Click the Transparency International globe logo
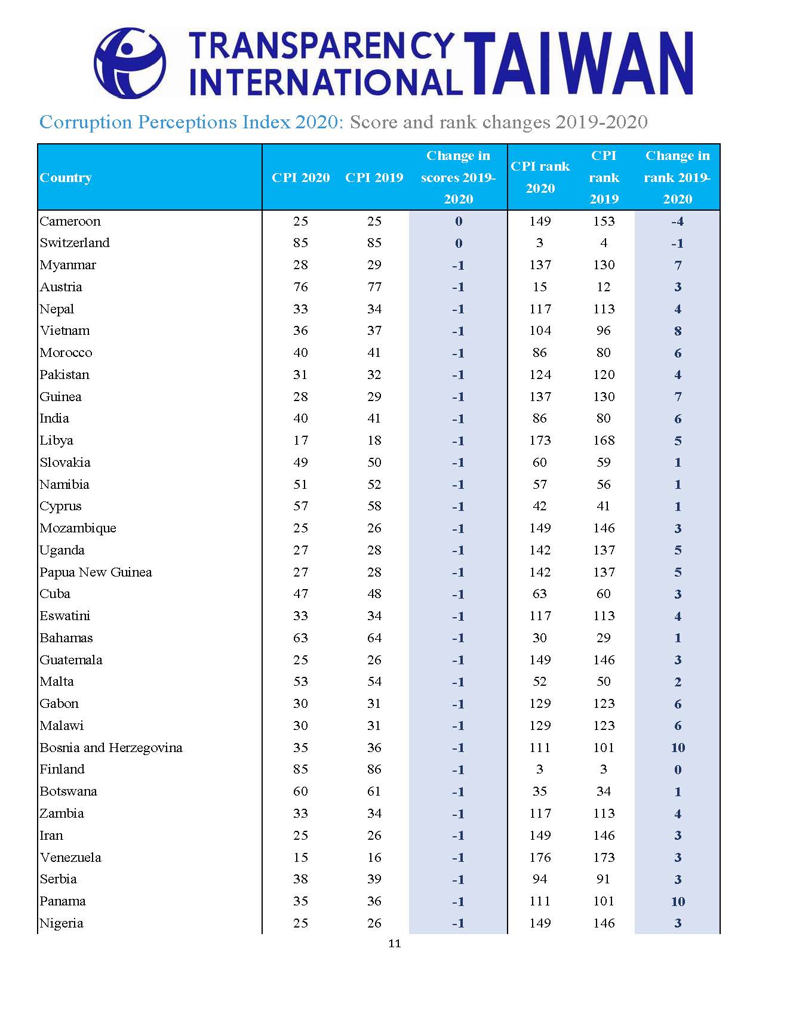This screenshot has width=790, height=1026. pyautogui.click(x=130, y=63)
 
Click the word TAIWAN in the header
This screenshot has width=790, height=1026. pyautogui.click(x=578, y=63)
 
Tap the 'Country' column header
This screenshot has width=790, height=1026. pyautogui.click(x=66, y=177)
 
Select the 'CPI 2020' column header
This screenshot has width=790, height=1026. pyautogui.click(x=300, y=177)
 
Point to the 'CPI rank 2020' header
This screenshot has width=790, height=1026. pyautogui.click(x=540, y=177)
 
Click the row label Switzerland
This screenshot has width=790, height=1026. pyautogui.click(x=75, y=243)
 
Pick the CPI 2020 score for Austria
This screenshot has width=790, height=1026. pyautogui.click(x=300, y=287)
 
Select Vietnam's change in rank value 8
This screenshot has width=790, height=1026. pyautogui.click(x=678, y=331)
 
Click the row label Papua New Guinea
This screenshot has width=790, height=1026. pyautogui.click(x=96, y=572)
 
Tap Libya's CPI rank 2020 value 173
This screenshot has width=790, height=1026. pyautogui.click(x=540, y=440)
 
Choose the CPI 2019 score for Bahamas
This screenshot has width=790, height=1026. pyautogui.click(x=374, y=638)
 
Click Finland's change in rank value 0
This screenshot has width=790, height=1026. pyautogui.click(x=678, y=770)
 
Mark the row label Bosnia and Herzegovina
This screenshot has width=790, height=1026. pyautogui.click(x=111, y=748)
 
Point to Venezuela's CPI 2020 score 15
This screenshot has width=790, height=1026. pyautogui.click(x=300, y=858)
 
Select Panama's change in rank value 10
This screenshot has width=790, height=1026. pyautogui.click(x=678, y=902)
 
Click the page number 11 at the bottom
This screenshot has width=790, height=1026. pyautogui.click(x=394, y=944)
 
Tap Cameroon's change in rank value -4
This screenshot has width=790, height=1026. pyautogui.click(x=677, y=221)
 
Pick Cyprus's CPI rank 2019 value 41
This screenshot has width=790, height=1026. pyautogui.click(x=604, y=506)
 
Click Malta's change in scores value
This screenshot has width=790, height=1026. pyautogui.click(x=458, y=682)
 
